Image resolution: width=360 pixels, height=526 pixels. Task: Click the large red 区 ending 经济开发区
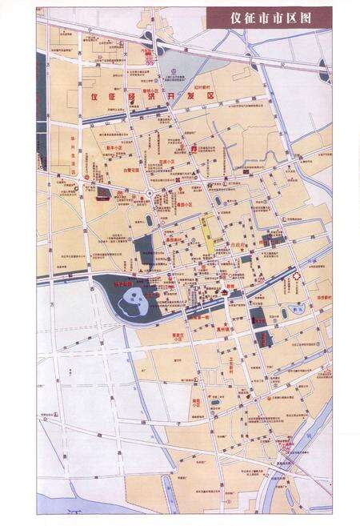pyautogui.click(x=212, y=97)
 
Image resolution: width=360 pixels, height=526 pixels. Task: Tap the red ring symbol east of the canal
pyautogui.click(x=297, y=276)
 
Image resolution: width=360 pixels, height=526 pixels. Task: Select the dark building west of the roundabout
pyautogui.click(x=103, y=193)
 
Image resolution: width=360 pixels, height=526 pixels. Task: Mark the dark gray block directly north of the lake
pyautogui.click(x=144, y=252)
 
